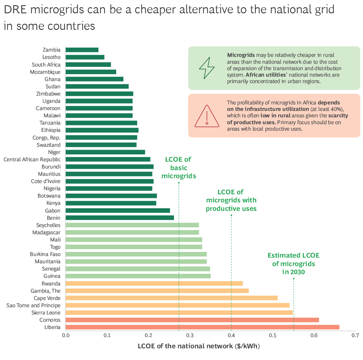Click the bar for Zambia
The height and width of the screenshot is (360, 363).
coord(82,50)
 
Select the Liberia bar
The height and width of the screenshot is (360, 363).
coord(202,327)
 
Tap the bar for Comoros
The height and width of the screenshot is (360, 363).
coord(192,320)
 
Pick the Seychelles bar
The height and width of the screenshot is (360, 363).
coord(132,225)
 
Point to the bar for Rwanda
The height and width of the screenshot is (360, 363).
coord(154,283)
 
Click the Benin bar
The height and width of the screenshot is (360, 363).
coord(119,218)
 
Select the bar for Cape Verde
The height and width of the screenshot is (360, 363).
coord(171,298)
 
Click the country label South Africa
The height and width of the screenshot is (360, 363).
coord(46,65)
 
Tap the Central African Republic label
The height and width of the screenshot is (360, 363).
coord(32,159)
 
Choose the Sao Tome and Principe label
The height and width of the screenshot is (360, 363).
coord(33,305)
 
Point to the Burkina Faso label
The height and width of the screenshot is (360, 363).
coord(45,254)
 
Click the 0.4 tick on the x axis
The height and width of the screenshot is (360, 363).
coord(231,335)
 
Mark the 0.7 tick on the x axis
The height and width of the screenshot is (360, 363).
coord(355,335)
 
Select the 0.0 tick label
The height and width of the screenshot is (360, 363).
coord(66,335)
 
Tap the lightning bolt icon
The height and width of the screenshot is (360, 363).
coord(207,68)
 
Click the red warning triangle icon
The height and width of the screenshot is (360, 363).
coord(207,116)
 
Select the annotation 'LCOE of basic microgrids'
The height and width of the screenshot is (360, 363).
coord(178,168)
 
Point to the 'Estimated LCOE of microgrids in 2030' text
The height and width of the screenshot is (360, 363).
coord(293,264)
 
